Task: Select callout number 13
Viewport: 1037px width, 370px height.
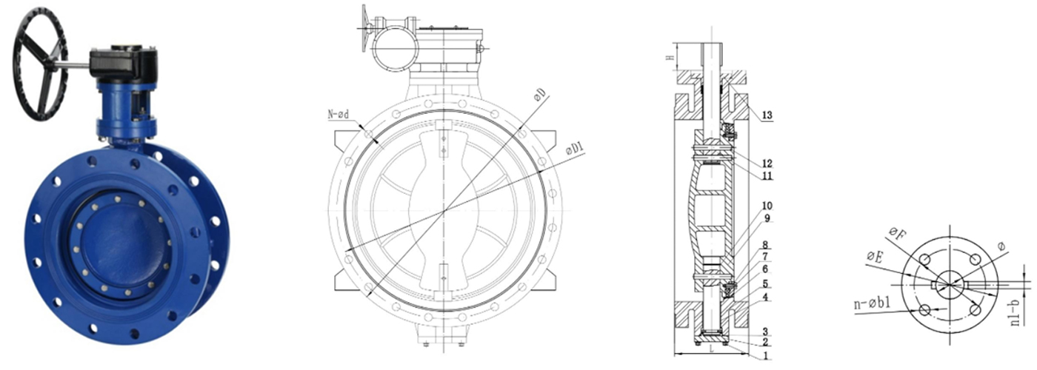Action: (x=766, y=115)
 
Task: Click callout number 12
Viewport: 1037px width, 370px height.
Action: (x=766, y=163)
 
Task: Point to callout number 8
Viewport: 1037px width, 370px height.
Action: (x=766, y=244)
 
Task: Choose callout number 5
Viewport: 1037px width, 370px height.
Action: (x=766, y=283)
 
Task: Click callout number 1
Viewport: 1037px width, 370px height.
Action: (x=766, y=354)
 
